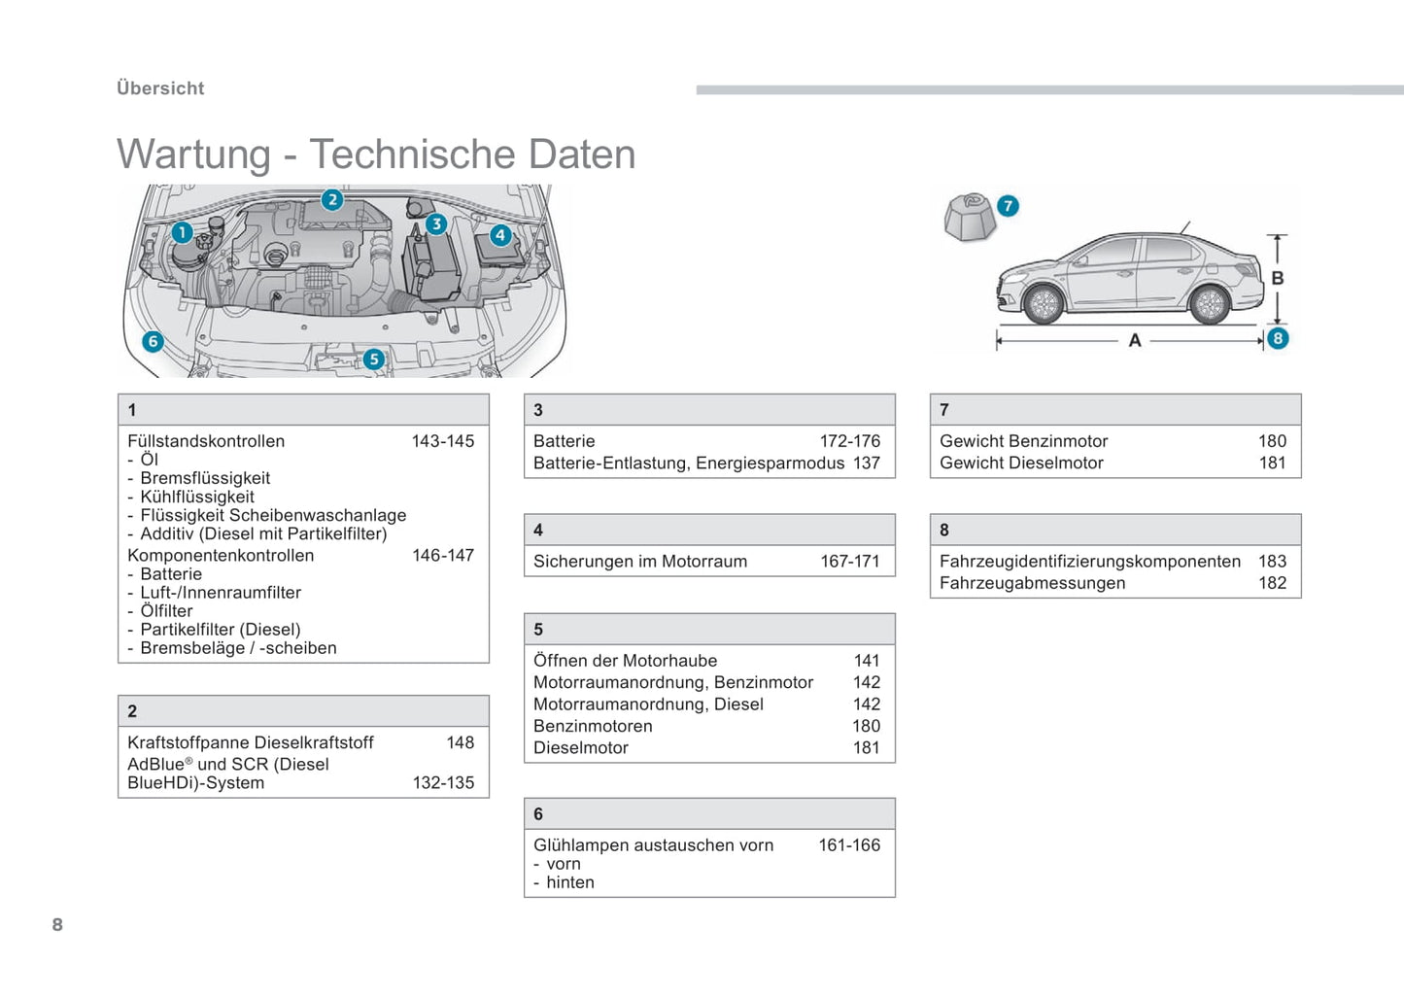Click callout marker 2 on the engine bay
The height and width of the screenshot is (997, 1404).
click(332, 200)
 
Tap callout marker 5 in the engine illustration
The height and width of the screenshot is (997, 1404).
click(374, 360)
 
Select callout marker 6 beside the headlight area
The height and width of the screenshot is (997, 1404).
click(153, 341)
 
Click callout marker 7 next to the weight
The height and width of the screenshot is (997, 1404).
click(1008, 206)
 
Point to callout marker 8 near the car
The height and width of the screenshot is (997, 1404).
click(1278, 338)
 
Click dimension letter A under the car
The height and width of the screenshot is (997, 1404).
click(1135, 341)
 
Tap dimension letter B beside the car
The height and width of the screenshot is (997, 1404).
click(1278, 278)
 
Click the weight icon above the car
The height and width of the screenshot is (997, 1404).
click(970, 216)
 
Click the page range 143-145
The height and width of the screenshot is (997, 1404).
click(443, 441)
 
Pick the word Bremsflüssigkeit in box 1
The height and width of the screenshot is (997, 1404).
click(205, 478)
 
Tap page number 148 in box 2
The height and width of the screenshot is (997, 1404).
click(461, 742)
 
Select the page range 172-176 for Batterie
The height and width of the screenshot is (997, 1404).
click(850, 441)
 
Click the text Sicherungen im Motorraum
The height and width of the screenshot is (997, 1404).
click(640, 562)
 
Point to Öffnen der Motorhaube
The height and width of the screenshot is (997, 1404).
click(625, 661)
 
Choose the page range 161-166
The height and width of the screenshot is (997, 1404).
click(849, 845)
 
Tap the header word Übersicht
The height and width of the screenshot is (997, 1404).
click(160, 88)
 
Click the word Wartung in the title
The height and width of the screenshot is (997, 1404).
click(193, 155)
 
